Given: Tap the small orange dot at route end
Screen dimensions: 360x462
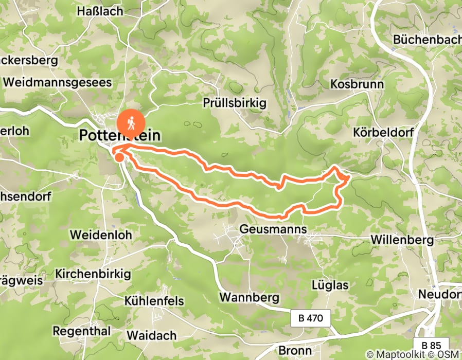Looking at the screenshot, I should (x=119, y=157).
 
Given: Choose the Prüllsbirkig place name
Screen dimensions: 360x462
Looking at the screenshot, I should (x=235, y=103).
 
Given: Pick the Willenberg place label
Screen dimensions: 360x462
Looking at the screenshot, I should (x=402, y=240).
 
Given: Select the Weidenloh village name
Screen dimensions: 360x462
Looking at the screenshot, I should (x=101, y=235).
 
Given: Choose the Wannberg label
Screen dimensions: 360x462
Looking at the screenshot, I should (x=249, y=297).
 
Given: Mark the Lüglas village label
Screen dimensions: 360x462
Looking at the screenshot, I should (x=330, y=285).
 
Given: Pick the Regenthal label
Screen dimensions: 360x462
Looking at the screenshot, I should (x=82, y=331).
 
